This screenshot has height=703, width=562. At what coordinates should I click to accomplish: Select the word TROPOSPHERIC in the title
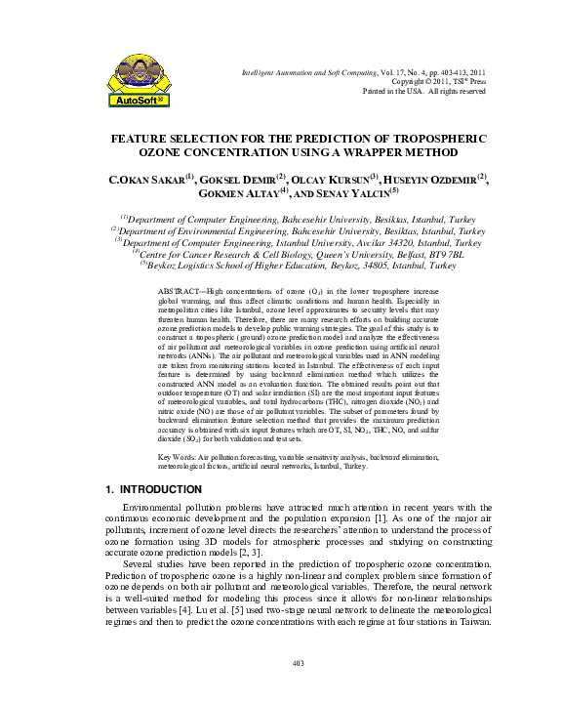click(435, 139)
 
